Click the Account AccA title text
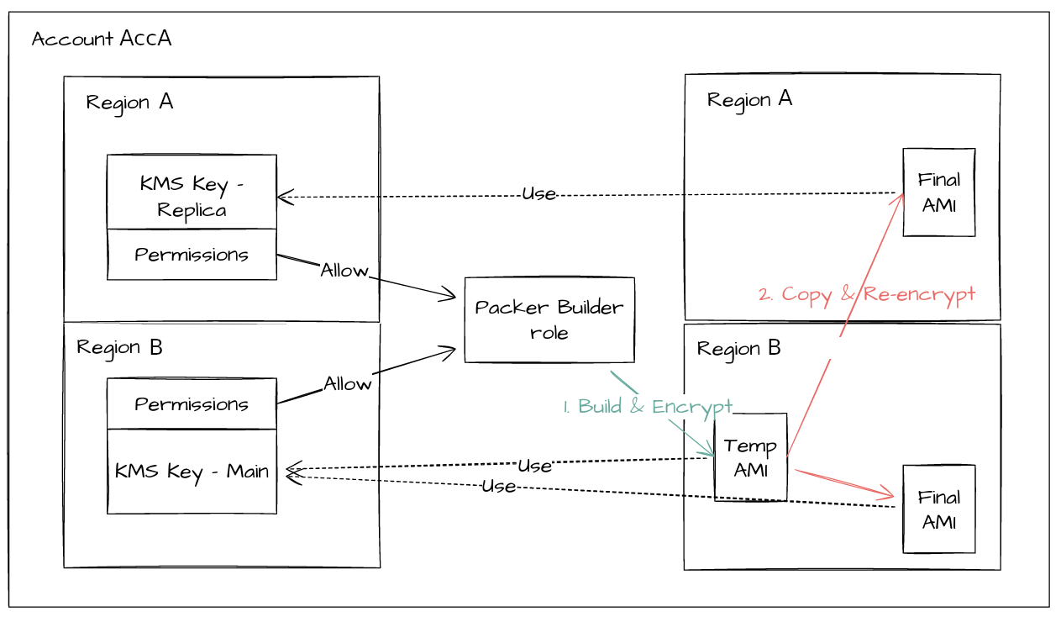[x=102, y=39]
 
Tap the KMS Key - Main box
[x=192, y=471]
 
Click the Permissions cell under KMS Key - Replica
[x=192, y=255]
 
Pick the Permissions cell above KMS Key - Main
[x=192, y=404]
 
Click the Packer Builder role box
[x=549, y=319]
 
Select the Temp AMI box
[x=750, y=457]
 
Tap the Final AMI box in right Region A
[x=939, y=192]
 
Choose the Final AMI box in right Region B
[x=939, y=509]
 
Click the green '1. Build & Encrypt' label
[x=648, y=407]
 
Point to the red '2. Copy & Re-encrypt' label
[x=866, y=294]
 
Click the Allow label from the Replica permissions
[x=344, y=271]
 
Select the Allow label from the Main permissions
[x=348, y=384]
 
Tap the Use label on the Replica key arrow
[x=538, y=194]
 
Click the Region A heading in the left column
[x=129, y=103]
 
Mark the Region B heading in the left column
[x=119, y=347]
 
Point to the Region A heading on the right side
[x=749, y=99]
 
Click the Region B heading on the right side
[x=739, y=348]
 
